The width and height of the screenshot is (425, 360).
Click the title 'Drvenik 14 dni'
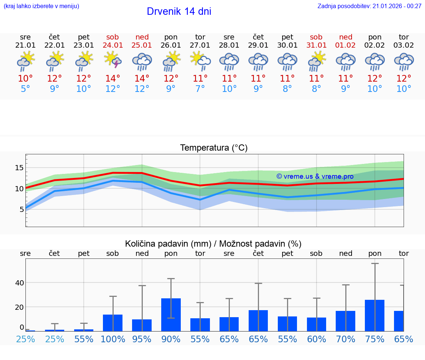tap(179, 11)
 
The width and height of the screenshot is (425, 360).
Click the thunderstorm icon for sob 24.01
tap(113, 61)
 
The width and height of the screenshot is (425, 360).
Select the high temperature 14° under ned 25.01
tap(142, 79)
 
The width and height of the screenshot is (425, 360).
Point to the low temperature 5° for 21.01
tap(25, 89)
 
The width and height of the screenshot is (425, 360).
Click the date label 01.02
tap(346, 45)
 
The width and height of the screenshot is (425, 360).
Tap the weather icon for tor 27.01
tap(200, 61)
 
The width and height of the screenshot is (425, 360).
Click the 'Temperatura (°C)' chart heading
tap(214, 148)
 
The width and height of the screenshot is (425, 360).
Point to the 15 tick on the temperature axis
tap(19, 168)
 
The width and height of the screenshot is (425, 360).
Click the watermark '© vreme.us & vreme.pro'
tap(315, 176)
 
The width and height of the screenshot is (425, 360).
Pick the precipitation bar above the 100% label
tap(113, 323)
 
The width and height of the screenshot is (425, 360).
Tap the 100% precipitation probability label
tap(113, 339)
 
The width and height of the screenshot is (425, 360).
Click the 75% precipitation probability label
tap(374, 339)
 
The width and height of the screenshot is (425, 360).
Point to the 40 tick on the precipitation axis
tap(19, 283)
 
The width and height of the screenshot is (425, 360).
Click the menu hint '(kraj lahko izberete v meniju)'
tap(41, 6)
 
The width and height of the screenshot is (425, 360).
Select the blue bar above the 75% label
tap(374, 315)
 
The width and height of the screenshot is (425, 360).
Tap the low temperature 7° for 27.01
tap(200, 89)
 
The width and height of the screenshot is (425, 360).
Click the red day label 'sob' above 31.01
tap(316, 37)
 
